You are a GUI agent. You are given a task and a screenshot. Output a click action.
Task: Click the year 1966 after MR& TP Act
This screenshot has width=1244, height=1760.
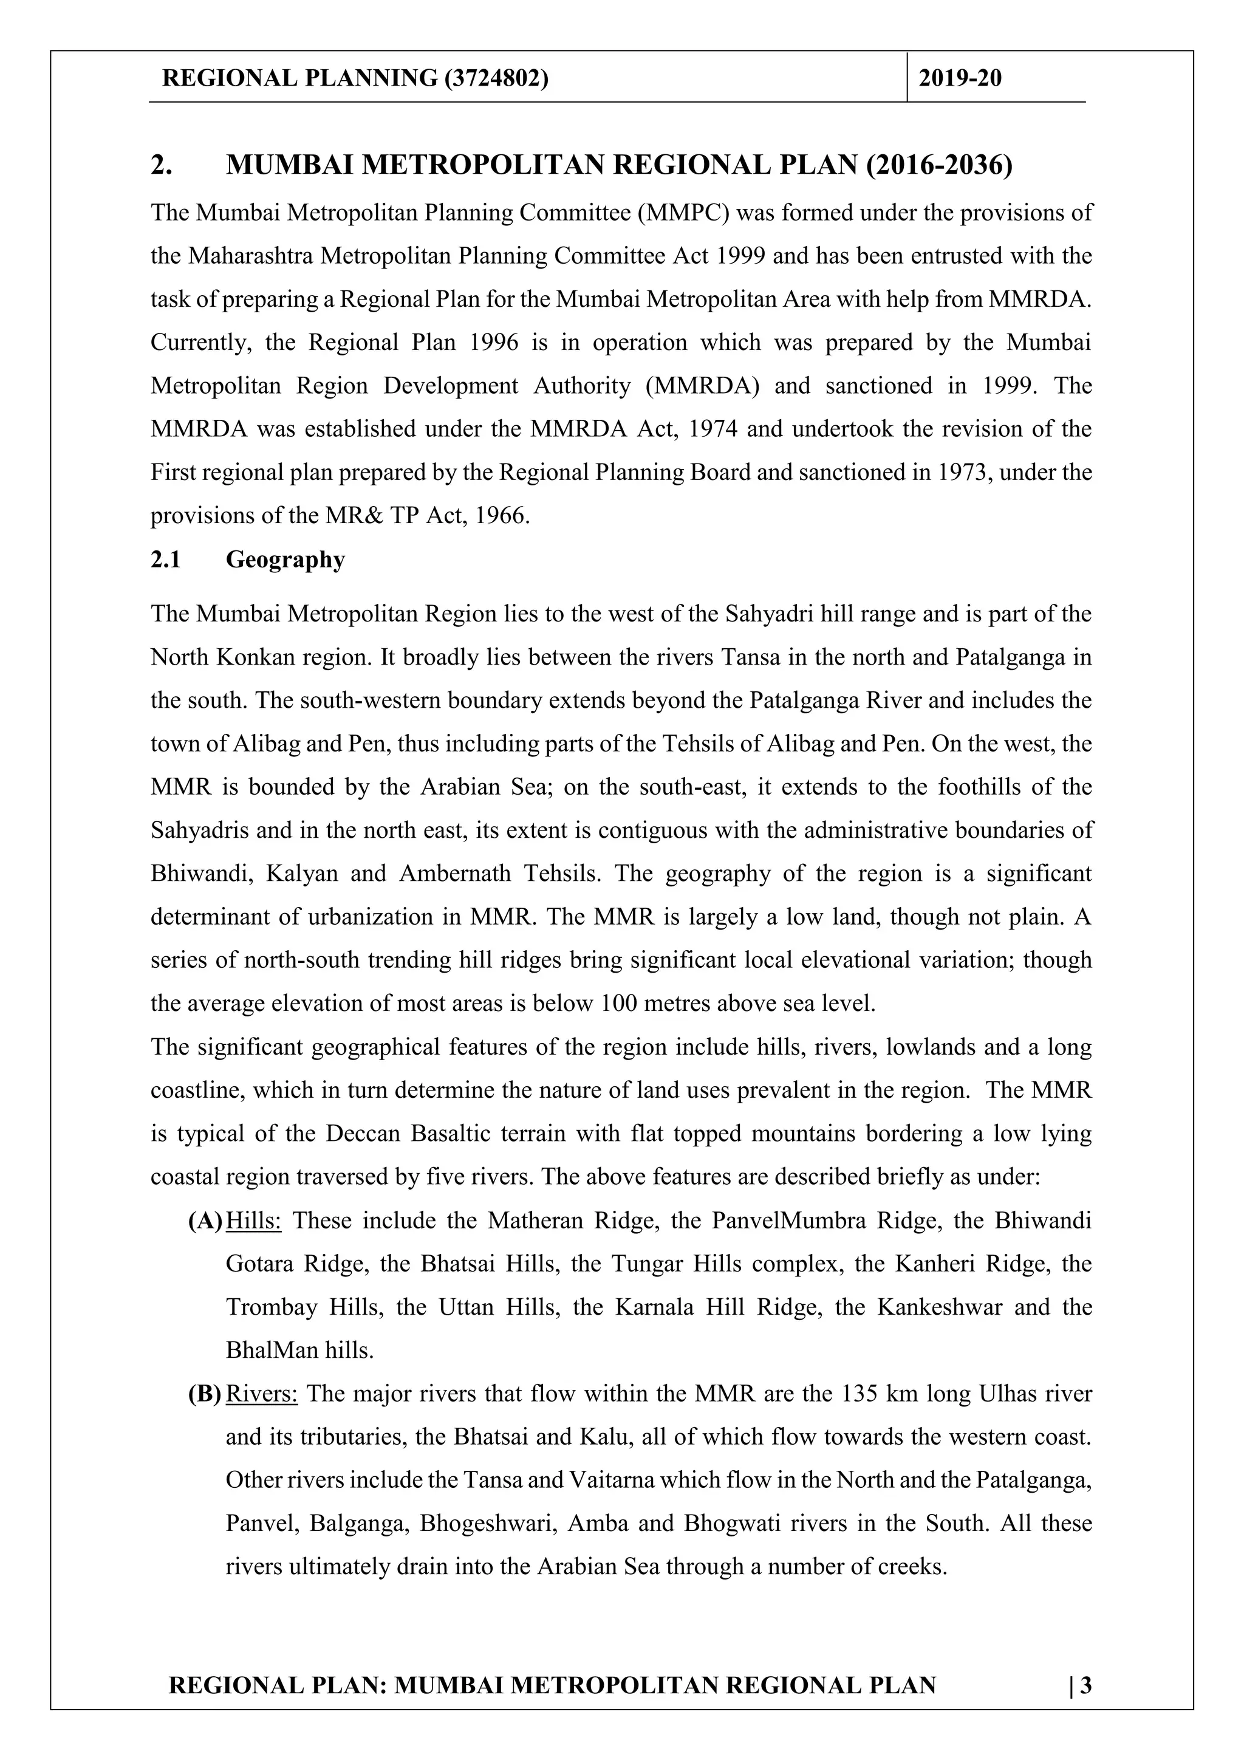point(501,515)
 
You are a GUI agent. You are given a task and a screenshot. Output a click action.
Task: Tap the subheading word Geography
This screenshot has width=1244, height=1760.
point(285,560)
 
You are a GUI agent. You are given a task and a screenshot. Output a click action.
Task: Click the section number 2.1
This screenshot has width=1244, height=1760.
point(166,560)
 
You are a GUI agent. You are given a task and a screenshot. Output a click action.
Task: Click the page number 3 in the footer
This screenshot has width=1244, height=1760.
point(1085,1686)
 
